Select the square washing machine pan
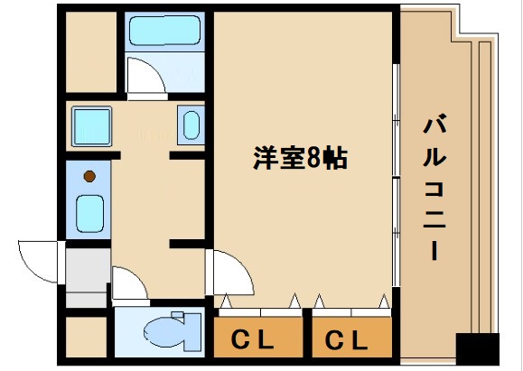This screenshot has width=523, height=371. (x=91, y=124)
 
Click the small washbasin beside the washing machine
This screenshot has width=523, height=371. (x=191, y=124)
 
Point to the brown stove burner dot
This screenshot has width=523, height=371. (x=90, y=176)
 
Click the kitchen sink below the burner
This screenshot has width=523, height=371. (x=90, y=213)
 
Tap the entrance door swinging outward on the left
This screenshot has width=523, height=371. (x=41, y=262)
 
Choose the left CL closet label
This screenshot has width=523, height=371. (x=257, y=340)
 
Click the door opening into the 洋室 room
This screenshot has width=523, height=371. (x=226, y=269)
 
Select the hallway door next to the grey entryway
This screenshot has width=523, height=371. (x=128, y=284)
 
